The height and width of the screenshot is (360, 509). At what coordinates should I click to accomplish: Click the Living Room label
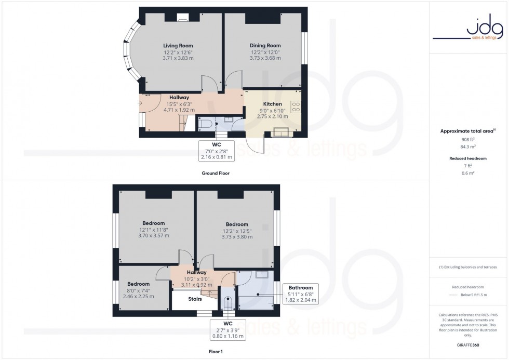(x=178, y=46)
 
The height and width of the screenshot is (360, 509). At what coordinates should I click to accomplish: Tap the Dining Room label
(x=265, y=46)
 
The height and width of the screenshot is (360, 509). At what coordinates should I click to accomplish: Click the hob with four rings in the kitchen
(x=296, y=107)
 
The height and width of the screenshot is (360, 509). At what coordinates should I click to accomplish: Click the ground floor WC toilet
(x=206, y=124)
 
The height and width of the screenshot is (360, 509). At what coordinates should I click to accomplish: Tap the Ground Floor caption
(x=215, y=173)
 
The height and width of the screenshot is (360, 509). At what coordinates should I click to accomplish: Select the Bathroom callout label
(x=301, y=288)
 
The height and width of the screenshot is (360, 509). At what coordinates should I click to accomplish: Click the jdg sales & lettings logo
(x=468, y=30)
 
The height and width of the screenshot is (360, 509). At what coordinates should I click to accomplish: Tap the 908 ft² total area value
(x=468, y=139)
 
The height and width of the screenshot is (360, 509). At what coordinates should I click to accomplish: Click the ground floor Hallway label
(x=179, y=97)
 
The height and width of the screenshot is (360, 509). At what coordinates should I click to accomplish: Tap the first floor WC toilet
(x=227, y=303)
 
